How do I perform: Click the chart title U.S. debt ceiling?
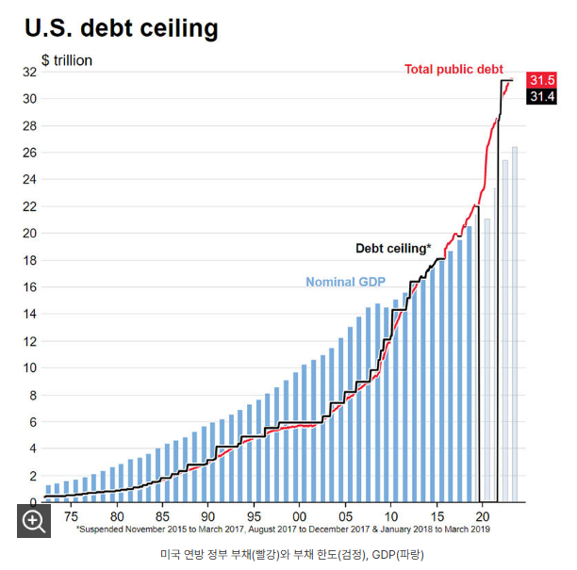pos(121,28)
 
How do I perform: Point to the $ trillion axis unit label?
pos(66,60)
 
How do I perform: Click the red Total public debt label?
pos(454,70)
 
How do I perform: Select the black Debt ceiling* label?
pos(392,249)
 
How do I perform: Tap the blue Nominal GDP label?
pos(347,282)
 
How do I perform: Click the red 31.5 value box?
pos(542,80)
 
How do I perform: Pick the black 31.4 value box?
pos(542,96)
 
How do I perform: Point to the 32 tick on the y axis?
pos(29,72)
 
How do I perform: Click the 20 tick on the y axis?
pos(29,234)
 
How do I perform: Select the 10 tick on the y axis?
pos(29,368)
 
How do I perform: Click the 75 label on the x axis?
pos(71,516)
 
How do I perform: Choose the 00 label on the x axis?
pos(299,516)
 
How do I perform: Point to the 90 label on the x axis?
pos(207,516)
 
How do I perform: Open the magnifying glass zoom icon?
pos(35,521)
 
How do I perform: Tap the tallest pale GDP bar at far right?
pos(515,324)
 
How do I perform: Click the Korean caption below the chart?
pos(291,554)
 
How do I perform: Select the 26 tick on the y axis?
pos(29,153)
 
